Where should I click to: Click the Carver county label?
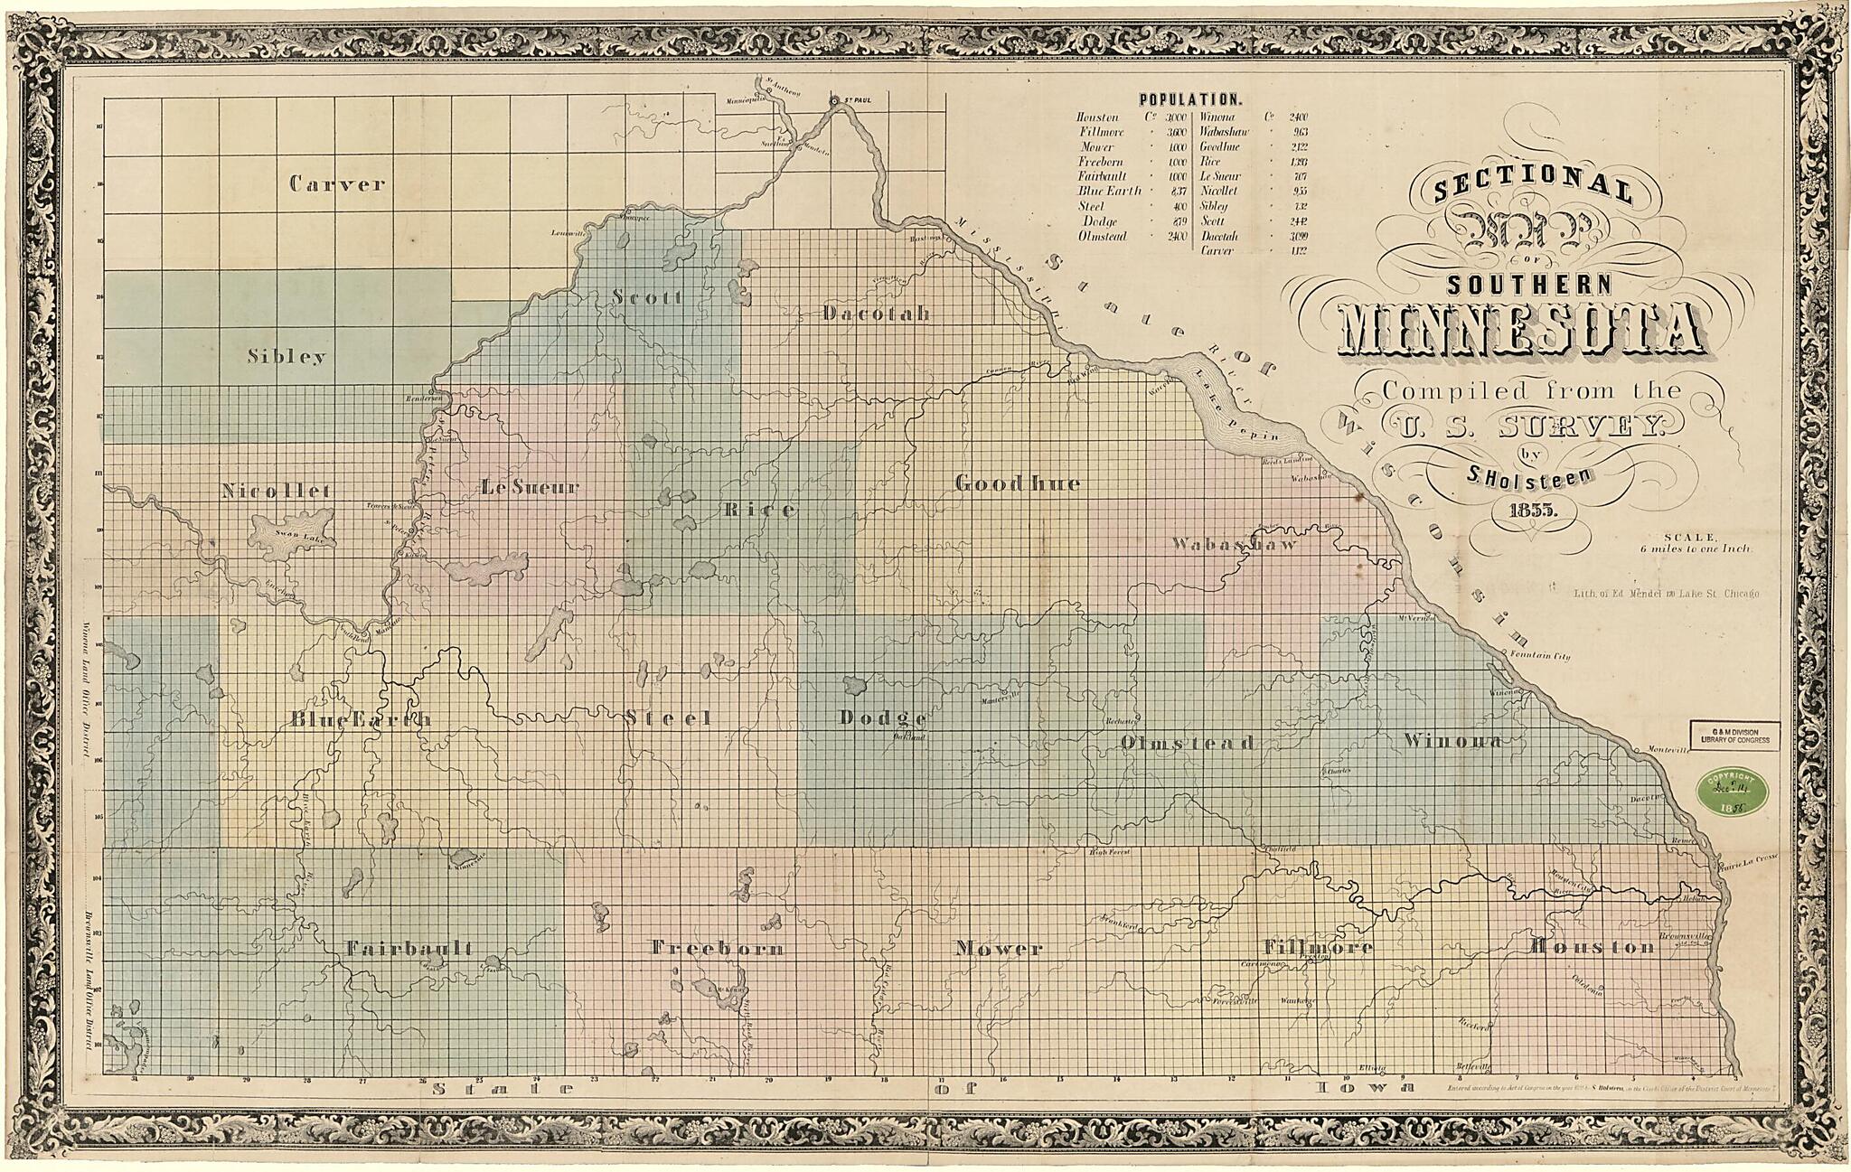click(336, 184)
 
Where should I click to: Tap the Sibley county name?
click(287, 357)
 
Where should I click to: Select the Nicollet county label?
click(277, 491)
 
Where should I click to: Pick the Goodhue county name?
click(1018, 483)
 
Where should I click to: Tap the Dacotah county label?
click(876, 314)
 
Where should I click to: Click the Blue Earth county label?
click(361, 720)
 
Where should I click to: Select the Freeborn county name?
click(717, 949)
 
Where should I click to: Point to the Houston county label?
click(1592, 947)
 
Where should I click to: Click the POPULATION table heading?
click(1190, 99)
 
